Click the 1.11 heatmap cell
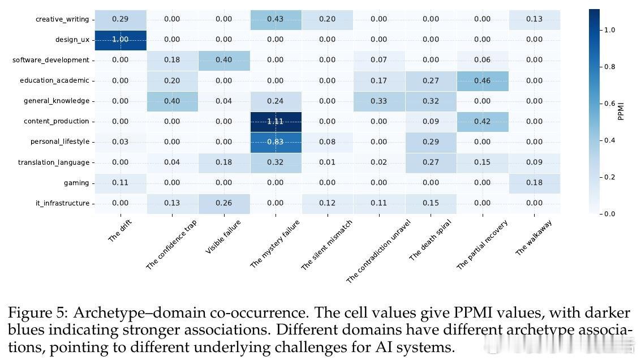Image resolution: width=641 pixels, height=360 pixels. pos(276,121)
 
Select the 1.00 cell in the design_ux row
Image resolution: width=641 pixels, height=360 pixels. pos(120,40)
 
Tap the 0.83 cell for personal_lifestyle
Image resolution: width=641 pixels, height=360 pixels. pos(276,142)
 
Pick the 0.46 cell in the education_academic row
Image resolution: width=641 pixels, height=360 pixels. pos(483,80)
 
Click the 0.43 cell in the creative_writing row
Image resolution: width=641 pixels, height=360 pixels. pos(276,19)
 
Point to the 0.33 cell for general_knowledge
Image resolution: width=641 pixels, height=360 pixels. pos(379,101)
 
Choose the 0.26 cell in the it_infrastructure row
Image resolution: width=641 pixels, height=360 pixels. pos(223,203)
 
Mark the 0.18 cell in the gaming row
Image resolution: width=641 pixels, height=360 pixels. pos(534,183)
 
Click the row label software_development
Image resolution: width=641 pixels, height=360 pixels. pos(51,60)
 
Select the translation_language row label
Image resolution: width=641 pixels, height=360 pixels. pos(54,162)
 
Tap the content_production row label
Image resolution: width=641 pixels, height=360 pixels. pos(57,121)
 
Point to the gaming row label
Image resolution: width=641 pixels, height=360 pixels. pos(76,183)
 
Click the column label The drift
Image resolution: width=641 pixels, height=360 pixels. pos(120,232)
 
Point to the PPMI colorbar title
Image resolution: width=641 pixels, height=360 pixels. pos(621,110)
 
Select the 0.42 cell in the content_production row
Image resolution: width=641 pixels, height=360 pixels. pos(483,121)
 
